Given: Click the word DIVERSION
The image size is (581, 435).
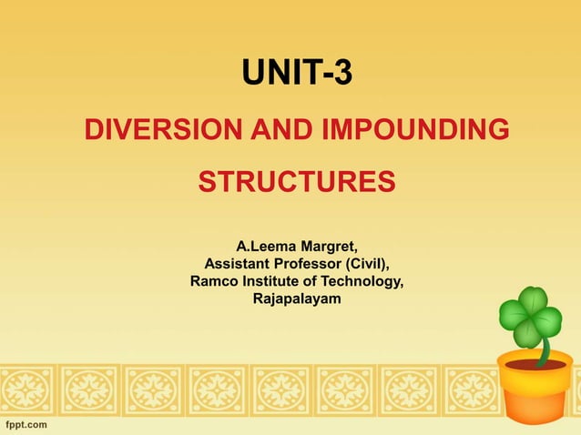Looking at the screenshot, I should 154,131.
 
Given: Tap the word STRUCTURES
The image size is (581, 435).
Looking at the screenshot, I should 297,181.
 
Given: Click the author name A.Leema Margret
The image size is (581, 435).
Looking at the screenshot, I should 297,247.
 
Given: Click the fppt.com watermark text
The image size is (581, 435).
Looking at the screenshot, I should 25,425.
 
